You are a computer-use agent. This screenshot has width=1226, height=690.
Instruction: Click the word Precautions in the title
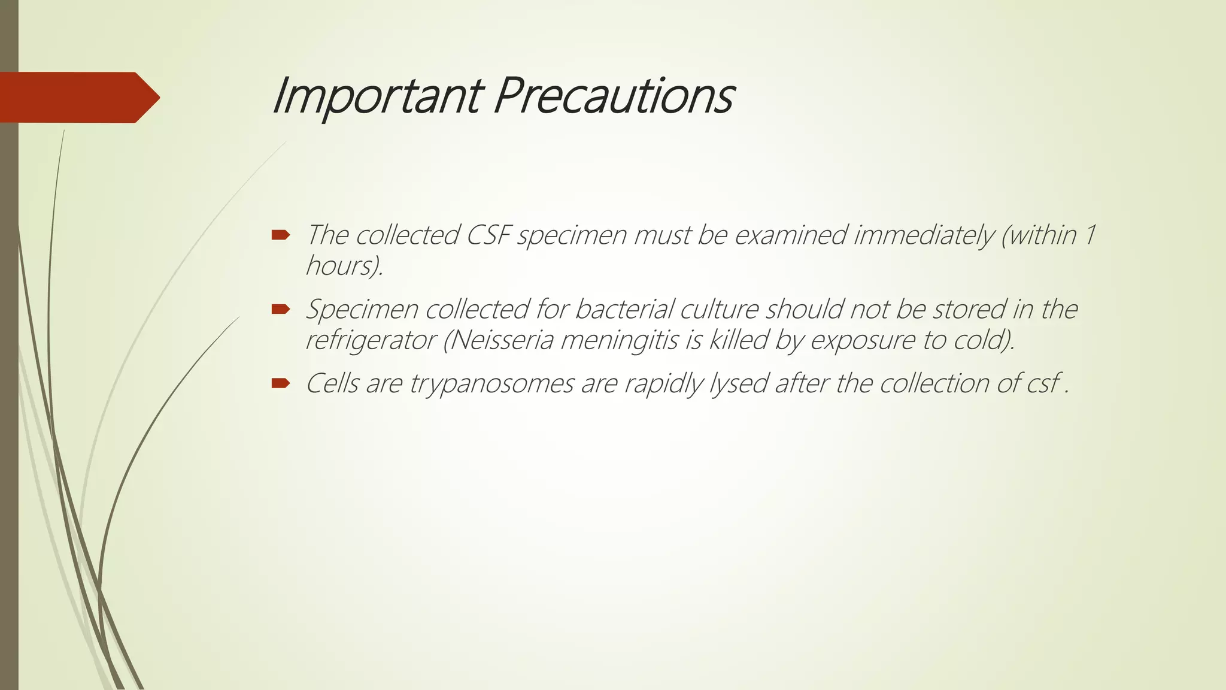click(x=613, y=96)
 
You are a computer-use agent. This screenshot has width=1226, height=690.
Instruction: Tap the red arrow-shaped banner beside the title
click(x=78, y=97)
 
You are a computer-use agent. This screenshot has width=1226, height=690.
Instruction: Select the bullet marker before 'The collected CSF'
click(x=280, y=235)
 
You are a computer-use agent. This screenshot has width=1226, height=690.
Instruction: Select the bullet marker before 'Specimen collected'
click(x=280, y=309)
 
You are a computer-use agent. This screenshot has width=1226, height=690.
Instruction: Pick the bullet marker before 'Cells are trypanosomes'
click(x=280, y=383)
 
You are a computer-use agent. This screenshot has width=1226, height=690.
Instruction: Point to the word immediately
click(x=923, y=235)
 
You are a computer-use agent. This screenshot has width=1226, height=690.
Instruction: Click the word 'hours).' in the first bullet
click(x=344, y=265)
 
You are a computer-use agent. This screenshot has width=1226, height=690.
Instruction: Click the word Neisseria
click(x=502, y=340)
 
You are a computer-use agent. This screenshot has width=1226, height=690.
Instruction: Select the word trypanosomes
click(x=491, y=384)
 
